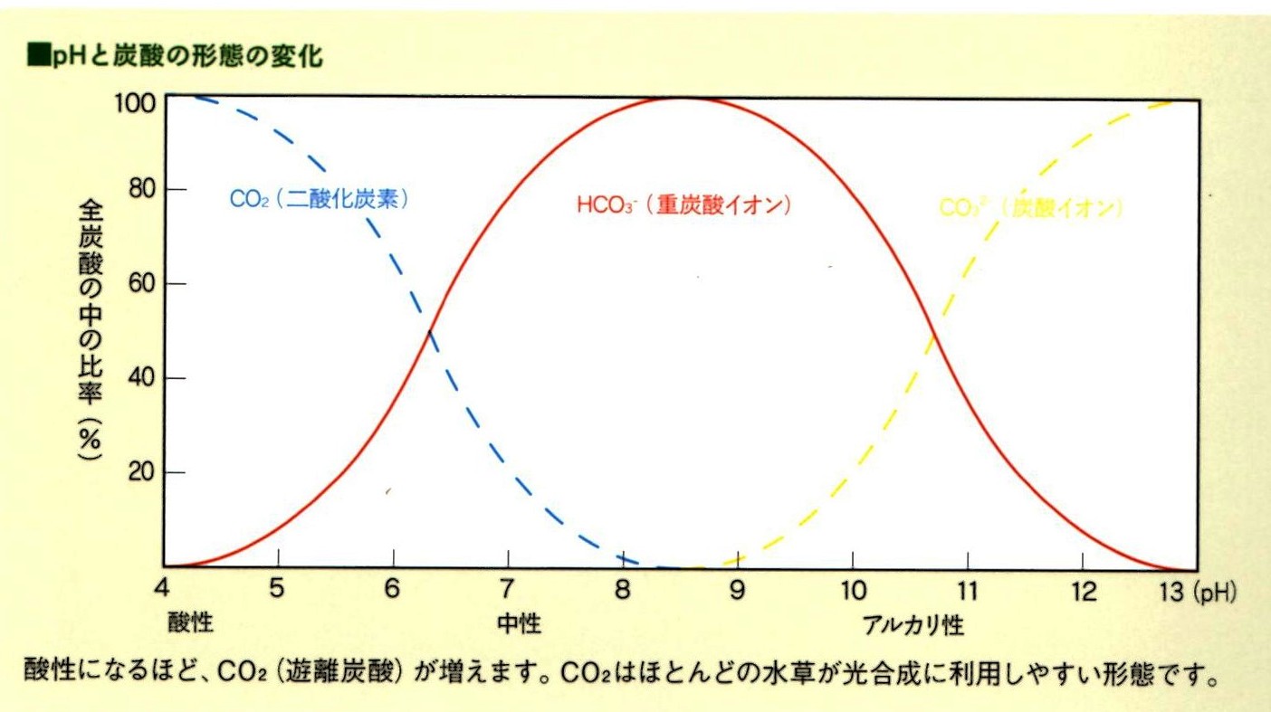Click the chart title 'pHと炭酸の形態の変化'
(177, 56)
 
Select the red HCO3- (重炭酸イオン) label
(684, 205)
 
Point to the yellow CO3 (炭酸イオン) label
(1030, 208)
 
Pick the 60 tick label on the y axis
(140, 283)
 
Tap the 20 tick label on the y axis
(140, 472)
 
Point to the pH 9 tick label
(737, 590)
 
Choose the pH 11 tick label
(967, 590)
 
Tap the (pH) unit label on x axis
(1215, 592)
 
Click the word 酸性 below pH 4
(190, 622)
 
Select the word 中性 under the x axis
(519, 622)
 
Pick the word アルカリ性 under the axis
(913, 624)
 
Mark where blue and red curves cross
(430, 331)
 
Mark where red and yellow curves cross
(932, 337)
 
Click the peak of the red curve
(679, 97)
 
